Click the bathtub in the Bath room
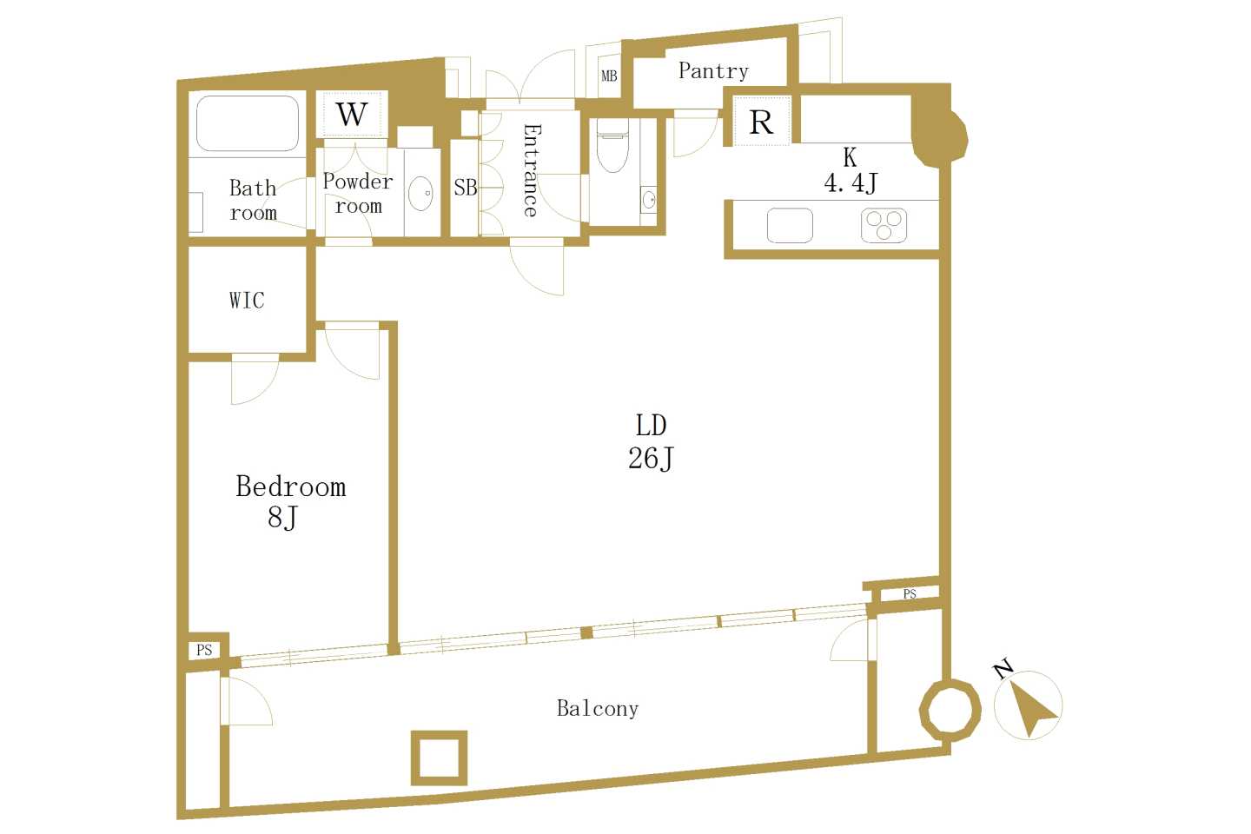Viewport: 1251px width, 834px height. coord(248,123)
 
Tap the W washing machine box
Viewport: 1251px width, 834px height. coord(352,115)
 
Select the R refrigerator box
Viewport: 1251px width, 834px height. coord(762,122)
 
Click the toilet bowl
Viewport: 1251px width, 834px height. coord(612,145)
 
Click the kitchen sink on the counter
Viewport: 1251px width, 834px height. coord(790,225)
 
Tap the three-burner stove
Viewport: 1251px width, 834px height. coord(884,225)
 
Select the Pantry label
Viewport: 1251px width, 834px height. coord(713,71)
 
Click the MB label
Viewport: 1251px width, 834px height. coord(609,76)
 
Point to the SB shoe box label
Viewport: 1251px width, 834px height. coord(466,188)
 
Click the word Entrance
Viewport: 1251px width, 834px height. coord(531,170)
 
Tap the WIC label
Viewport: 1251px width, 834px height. coord(247,301)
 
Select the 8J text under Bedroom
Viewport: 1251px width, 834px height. coord(282,517)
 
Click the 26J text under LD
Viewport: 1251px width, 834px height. coord(652,459)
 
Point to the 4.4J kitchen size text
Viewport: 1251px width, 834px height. coord(851,182)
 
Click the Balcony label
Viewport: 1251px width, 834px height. coord(598,708)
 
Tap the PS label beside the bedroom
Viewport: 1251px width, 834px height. coord(204,650)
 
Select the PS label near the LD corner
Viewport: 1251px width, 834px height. coord(910,594)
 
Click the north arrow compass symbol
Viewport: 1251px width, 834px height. coord(1028,705)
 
